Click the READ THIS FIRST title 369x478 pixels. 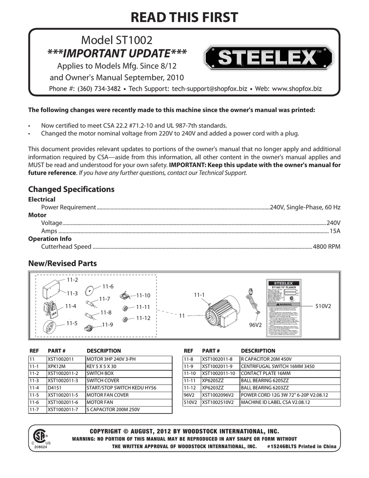184,17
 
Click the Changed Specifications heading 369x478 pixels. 71,189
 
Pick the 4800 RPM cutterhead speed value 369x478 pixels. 327,246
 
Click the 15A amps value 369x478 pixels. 335,231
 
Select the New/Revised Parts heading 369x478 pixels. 63,264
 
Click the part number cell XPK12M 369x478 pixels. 57,366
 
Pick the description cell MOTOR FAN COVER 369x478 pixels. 105,395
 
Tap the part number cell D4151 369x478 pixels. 54,388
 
